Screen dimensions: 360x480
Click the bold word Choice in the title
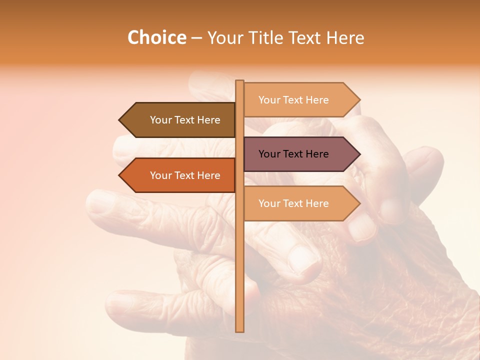[x=156, y=38]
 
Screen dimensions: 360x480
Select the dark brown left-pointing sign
[x=180, y=120]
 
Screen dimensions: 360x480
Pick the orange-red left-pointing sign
[x=180, y=175]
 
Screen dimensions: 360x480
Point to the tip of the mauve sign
[x=359, y=154]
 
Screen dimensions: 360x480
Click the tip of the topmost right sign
[x=359, y=100]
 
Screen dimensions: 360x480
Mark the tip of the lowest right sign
[x=359, y=203]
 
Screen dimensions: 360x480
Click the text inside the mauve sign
[x=293, y=154]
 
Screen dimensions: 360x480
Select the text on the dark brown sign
[x=185, y=120]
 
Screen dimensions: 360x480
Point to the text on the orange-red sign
[x=185, y=175]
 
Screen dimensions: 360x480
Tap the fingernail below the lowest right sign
[x=361, y=227]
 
